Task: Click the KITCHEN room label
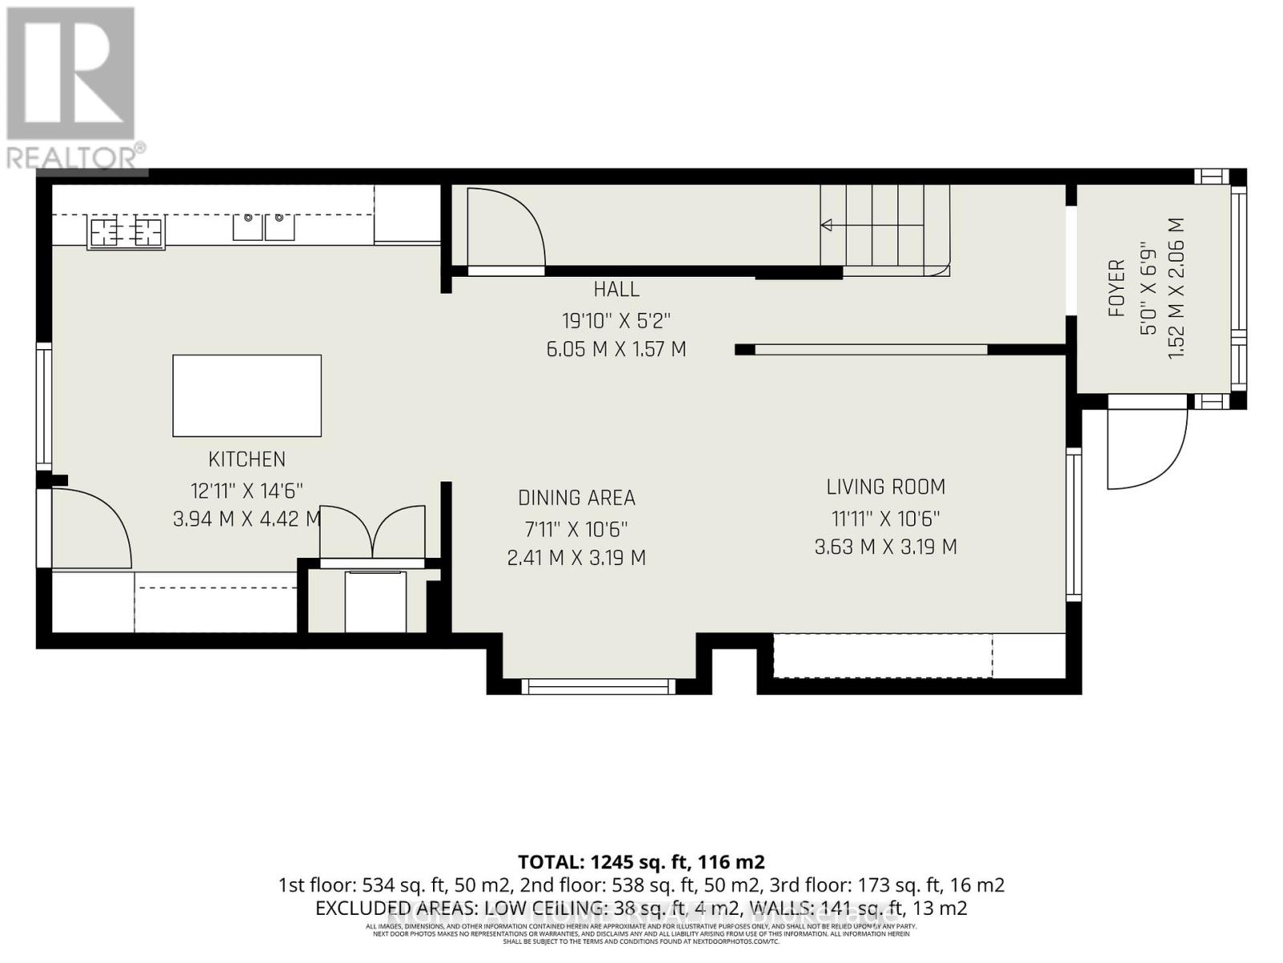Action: [x=246, y=459]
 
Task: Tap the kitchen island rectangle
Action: [x=247, y=396]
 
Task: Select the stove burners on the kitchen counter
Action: [x=127, y=232]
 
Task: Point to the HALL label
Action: [x=617, y=289]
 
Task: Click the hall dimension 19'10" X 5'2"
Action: [x=616, y=320]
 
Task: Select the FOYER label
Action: [x=1116, y=288]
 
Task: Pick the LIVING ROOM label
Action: [x=885, y=487]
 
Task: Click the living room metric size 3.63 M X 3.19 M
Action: [x=885, y=547]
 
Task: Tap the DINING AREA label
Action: [x=577, y=498]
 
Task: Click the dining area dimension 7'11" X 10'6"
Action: [x=577, y=529]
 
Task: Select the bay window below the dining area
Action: [x=598, y=686]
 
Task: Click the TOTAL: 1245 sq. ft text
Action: [x=641, y=862]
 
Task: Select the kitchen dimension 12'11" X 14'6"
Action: [x=246, y=490]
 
